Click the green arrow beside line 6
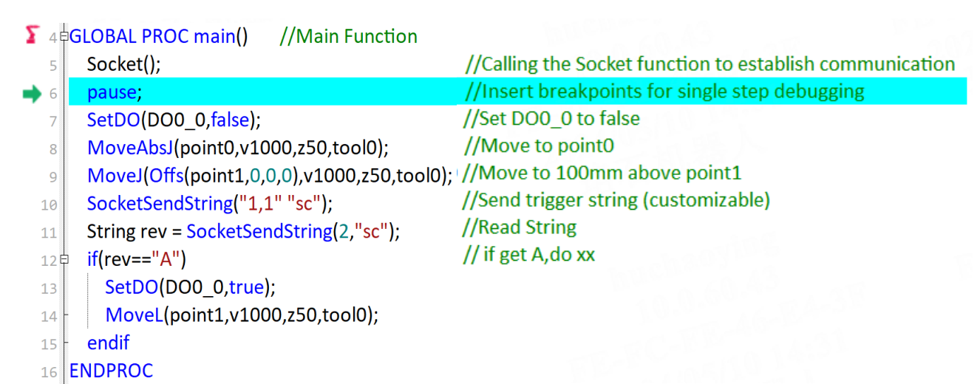coord(32,94)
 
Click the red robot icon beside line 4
coord(32,35)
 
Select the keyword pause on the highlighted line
coord(112,92)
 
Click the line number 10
coord(49,205)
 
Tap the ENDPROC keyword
coord(111,371)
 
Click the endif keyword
coord(108,343)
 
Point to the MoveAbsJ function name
coord(130,148)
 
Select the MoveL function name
coord(134,315)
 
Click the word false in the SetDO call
coord(230,120)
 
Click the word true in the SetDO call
coord(246,287)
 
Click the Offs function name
coord(166,175)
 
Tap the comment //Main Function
coord(348,36)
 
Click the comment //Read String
coord(520,227)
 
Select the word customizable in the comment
coord(706,200)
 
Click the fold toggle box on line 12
coord(64,259)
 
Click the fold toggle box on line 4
coord(64,36)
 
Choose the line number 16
coord(49,372)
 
